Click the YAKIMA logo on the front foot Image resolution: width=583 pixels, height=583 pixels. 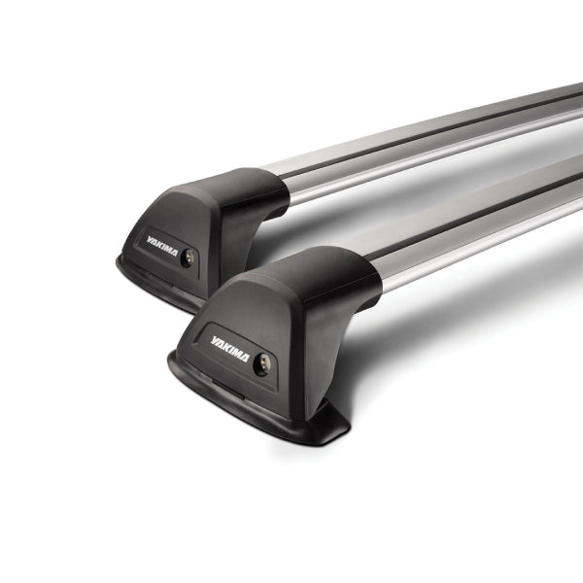pos(229,349)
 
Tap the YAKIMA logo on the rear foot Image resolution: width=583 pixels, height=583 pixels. pos(162,246)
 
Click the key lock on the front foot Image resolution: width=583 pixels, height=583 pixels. pos(261,363)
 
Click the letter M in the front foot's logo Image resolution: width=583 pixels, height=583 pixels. pos(236,354)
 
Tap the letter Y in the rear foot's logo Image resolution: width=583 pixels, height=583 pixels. pos(150,239)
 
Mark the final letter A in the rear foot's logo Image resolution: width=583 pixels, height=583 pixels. pos(174,253)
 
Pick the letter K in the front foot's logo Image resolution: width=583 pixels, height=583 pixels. pos(226,347)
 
